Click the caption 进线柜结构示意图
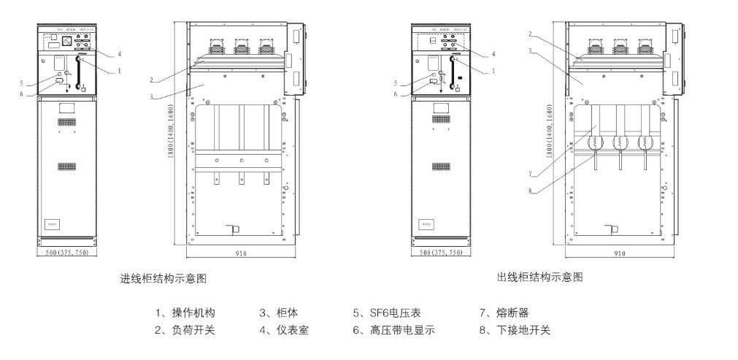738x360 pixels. tap(168, 279)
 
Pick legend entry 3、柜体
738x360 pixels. tap(274, 313)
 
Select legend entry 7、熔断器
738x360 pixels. tap(504, 313)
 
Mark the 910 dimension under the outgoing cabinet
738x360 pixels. tap(619, 253)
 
